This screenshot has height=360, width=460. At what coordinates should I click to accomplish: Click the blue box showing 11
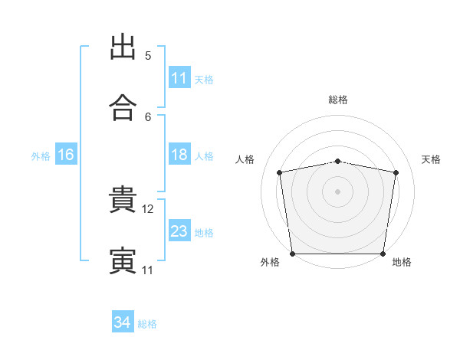179,78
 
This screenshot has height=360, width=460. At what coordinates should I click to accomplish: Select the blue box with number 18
179,155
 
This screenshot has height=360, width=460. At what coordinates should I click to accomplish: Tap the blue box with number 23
179,231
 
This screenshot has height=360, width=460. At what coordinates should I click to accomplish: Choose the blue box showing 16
66,155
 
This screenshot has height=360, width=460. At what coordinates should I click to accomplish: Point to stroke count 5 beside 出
148,56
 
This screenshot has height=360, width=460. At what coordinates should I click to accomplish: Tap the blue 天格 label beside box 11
204,79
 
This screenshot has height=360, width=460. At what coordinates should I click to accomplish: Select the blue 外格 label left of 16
41,156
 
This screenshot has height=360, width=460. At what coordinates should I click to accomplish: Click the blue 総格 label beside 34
147,323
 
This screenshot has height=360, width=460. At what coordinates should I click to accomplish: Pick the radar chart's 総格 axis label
338,100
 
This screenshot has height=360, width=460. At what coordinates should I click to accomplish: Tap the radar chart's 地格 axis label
402,262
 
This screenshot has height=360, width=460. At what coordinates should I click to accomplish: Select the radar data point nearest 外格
292,254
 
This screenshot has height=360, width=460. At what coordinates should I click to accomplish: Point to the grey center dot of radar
338,191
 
